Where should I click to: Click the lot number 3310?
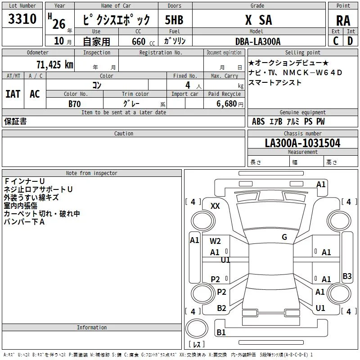(x=22, y=18)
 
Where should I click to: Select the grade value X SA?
(x=258, y=20)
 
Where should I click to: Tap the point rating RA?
(x=343, y=21)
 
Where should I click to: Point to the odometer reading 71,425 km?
(x=55, y=64)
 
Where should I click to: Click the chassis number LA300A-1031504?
(x=302, y=143)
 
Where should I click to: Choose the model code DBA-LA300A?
(x=258, y=41)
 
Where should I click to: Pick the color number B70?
(x=75, y=104)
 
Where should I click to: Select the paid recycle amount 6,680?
(x=227, y=103)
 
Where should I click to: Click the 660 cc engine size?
(x=143, y=41)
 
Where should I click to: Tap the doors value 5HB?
(x=174, y=20)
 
